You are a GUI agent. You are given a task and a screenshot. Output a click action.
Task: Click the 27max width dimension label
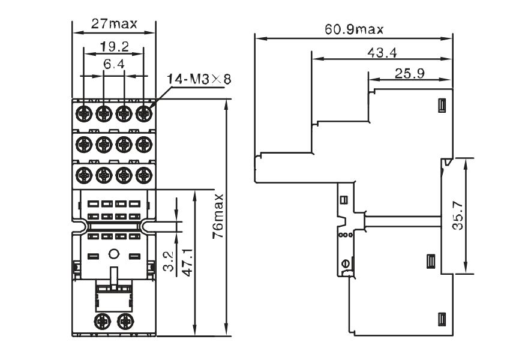(x=114, y=24)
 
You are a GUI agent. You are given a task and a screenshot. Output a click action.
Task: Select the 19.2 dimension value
(x=114, y=47)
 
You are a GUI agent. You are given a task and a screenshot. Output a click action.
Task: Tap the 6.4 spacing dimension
(x=114, y=64)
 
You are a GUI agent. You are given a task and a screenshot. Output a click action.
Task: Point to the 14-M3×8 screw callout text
(x=199, y=79)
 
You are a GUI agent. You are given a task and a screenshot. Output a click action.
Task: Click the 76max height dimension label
(x=218, y=216)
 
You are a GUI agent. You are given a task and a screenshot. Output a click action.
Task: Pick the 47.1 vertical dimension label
(x=187, y=262)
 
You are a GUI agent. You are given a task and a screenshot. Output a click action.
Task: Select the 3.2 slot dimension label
(x=168, y=262)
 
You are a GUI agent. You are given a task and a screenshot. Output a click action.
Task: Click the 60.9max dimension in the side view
(x=353, y=30)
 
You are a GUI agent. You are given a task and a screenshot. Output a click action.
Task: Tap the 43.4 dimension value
(x=382, y=52)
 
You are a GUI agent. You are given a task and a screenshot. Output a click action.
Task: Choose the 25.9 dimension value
(x=410, y=73)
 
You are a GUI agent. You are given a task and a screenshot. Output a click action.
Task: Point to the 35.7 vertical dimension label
(x=458, y=215)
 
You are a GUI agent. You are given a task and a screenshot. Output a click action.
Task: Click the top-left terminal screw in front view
(x=84, y=113)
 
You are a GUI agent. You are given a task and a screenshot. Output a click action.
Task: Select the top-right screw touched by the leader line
(x=143, y=113)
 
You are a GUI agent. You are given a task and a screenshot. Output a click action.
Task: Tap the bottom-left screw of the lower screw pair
(x=101, y=321)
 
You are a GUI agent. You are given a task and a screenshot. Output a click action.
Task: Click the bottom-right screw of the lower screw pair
(x=125, y=321)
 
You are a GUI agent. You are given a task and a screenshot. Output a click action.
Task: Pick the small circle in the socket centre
(x=113, y=254)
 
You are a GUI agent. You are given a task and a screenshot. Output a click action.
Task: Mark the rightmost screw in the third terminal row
(x=143, y=175)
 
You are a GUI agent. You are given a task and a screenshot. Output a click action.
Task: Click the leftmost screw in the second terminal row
(x=84, y=144)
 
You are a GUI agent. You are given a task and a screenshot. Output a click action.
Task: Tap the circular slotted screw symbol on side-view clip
(x=345, y=263)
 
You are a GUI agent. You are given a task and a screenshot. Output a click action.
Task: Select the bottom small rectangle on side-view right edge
(x=442, y=319)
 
